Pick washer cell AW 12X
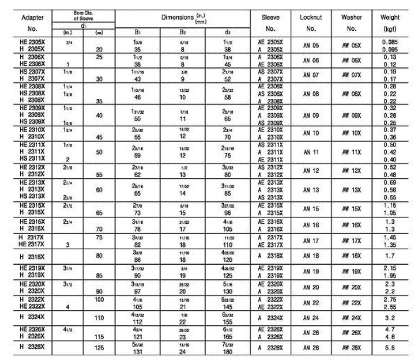(352, 171)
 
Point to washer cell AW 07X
(352, 76)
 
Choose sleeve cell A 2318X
(270, 256)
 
